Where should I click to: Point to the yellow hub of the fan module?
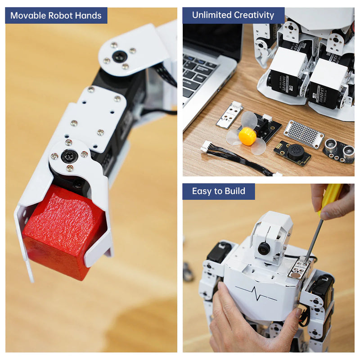click(x=247, y=136)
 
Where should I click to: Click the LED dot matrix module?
click(x=304, y=134)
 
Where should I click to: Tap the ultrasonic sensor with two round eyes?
click(x=338, y=150)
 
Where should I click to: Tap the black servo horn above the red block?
click(x=69, y=156)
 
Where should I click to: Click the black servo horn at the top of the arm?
click(x=120, y=56)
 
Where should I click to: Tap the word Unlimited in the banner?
click(x=211, y=15)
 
